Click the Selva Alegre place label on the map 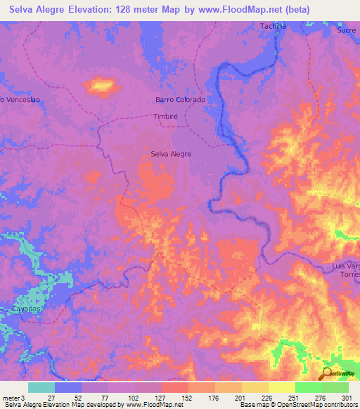(x=171, y=153)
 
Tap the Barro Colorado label (x=180, y=100)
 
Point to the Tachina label (x=273, y=26)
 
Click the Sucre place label (x=346, y=31)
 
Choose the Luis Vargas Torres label (x=345, y=271)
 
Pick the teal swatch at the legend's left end (x=41, y=387)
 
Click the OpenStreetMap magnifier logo (x=327, y=373)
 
